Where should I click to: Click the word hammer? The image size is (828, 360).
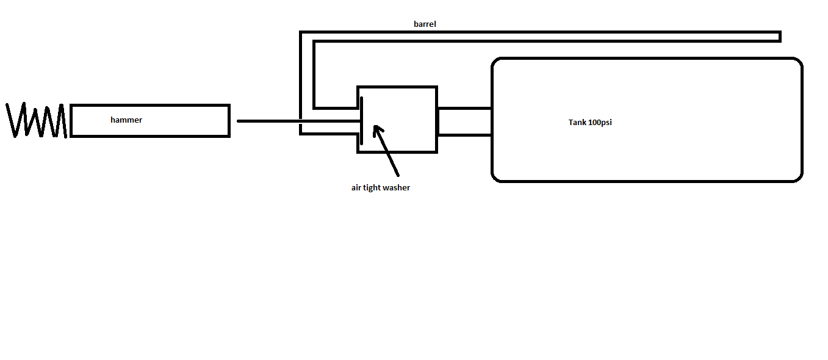tap(126, 120)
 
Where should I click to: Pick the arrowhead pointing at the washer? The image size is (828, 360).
tap(377, 129)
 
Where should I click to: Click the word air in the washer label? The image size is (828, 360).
tap(356, 188)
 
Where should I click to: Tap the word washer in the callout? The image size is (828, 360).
tap(397, 188)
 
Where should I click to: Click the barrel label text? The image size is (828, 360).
tap(425, 24)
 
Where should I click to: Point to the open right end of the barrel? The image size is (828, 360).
tap(779, 37)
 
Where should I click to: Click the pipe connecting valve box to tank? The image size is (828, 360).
tap(464, 121)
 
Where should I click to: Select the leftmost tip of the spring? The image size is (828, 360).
tap(7, 106)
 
